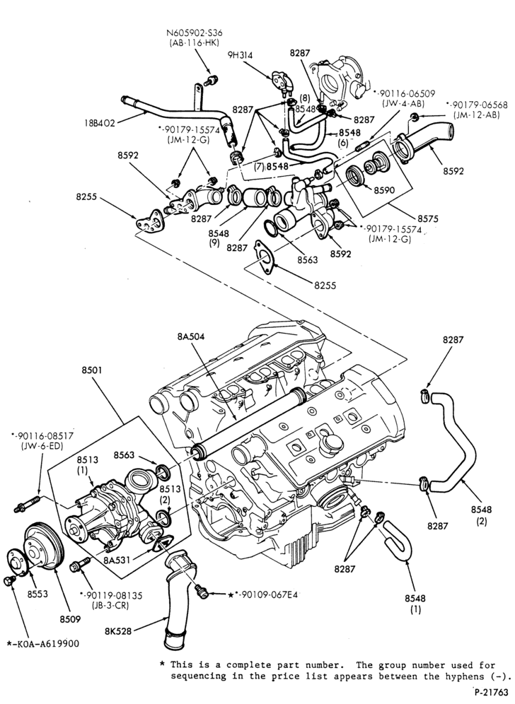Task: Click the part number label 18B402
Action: point(100,122)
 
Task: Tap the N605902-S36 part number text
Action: point(194,33)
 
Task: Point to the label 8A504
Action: point(190,336)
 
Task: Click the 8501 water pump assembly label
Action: point(92,370)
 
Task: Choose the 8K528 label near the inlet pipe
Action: point(118,630)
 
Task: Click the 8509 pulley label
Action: point(71,619)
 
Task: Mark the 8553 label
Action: point(37,594)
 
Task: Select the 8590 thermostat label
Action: point(384,190)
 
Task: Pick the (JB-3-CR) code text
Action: point(111,605)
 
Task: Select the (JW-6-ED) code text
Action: point(42,446)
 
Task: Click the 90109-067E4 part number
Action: point(270,594)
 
